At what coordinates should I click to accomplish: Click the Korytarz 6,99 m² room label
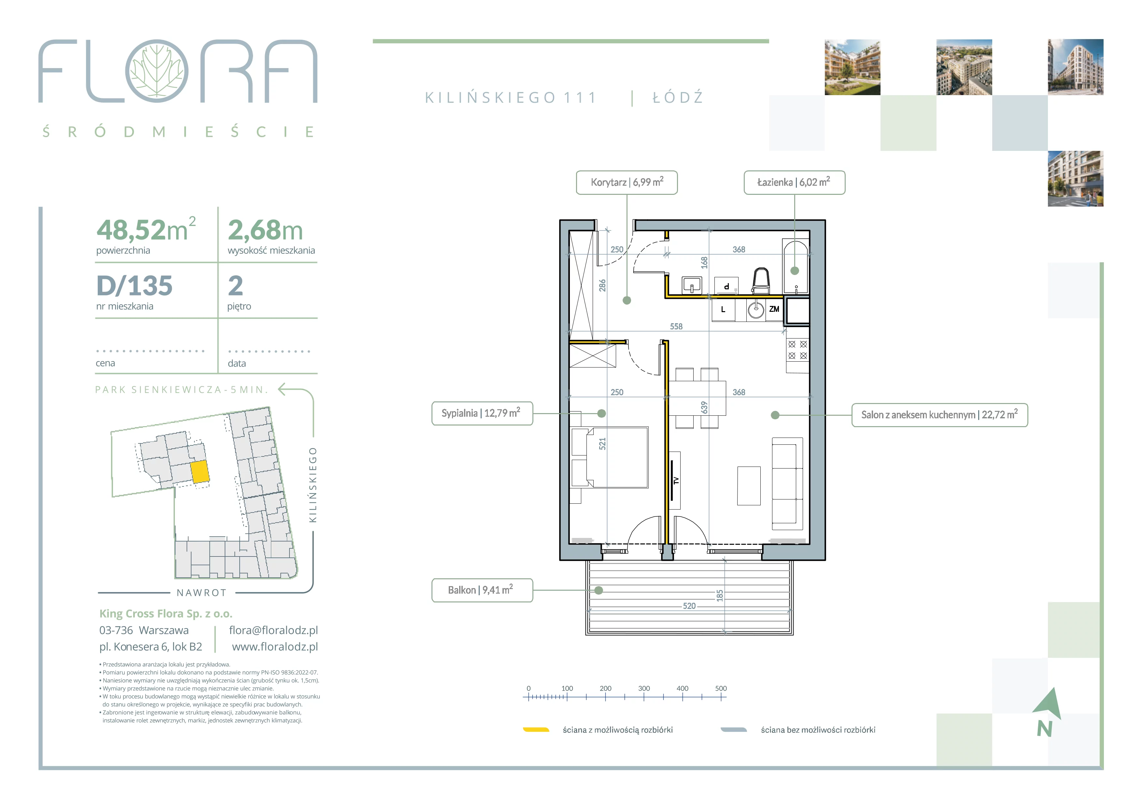(627, 182)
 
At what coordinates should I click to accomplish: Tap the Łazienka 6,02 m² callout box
(794, 182)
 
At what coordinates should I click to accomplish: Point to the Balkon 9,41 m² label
(482, 590)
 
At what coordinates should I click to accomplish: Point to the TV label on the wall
(675, 481)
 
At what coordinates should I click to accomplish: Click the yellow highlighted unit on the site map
(200, 472)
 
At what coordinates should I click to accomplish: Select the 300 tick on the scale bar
(644, 688)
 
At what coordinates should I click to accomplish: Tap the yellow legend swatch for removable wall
(536, 730)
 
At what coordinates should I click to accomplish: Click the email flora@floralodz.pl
(273, 630)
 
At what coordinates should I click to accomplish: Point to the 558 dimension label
(676, 327)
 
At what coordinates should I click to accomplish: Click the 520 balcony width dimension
(689, 606)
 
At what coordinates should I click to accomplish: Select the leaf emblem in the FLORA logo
(157, 71)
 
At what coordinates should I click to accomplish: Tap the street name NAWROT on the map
(202, 593)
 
